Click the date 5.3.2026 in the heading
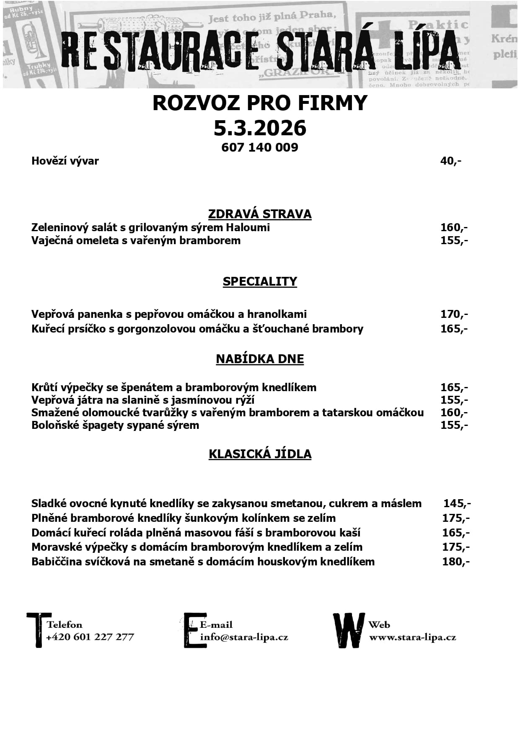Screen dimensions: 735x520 [x=260, y=128]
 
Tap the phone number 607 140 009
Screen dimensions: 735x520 [x=260, y=147]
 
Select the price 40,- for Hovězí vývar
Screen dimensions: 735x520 [x=450, y=161]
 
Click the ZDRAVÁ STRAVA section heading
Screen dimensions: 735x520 [x=260, y=214]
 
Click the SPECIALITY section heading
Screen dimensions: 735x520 [x=260, y=281]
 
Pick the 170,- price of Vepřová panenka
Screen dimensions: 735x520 [x=454, y=314]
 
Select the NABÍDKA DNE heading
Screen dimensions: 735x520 [x=260, y=359]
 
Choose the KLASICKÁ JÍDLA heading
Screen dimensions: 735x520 [x=260, y=454]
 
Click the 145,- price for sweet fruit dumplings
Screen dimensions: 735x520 [x=457, y=503]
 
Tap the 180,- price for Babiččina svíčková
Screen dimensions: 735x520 [x=455, y=562]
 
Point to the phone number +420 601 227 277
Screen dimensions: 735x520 [x=90, y=637]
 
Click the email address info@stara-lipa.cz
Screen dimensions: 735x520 [x=244, y=637]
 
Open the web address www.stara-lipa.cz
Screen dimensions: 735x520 [x=412, y=637]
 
